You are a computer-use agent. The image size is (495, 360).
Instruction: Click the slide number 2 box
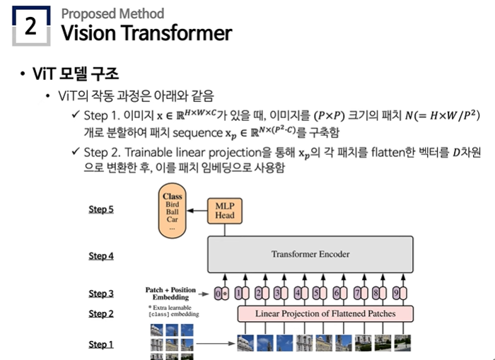30,26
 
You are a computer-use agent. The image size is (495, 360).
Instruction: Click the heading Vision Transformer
146,33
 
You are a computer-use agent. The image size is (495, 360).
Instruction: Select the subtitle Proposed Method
112,13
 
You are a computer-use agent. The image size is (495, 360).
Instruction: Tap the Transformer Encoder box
310,254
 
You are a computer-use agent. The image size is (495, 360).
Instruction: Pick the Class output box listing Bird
172,210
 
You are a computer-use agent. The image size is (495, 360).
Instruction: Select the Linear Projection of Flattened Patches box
325,313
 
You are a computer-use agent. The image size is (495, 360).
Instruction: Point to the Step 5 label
101,209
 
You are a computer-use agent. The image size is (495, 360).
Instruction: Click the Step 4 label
101,256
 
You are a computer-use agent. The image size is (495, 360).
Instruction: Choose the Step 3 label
101,294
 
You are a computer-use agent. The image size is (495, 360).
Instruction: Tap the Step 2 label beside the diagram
101,313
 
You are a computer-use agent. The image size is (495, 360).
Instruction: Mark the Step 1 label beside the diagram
101,344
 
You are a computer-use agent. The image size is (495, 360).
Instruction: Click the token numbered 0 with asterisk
222,294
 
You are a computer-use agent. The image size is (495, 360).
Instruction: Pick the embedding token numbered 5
319,294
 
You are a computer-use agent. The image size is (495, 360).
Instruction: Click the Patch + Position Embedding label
170,294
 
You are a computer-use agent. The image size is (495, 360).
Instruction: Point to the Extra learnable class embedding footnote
172,311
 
